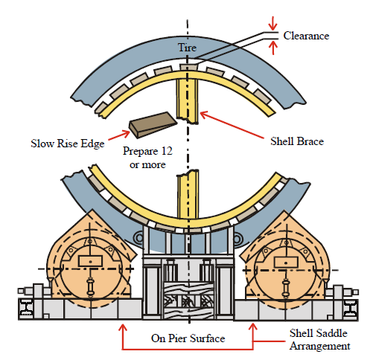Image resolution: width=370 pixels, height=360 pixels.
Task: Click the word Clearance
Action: coord(306,36)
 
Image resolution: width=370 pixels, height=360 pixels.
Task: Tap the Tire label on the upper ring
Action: coord(187,48)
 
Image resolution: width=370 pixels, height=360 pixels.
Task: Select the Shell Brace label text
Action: coord(297,141)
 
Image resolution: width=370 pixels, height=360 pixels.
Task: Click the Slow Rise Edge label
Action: coord(68,144)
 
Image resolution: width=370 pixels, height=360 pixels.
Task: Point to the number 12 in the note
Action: coord(167,151)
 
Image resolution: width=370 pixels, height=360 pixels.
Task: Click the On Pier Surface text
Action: coord(188,338)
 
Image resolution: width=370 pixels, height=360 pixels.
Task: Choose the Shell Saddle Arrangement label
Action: coord(319,339)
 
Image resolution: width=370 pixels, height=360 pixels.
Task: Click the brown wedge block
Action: coord(153,125)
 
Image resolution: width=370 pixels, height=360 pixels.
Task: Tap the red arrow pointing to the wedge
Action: coord(119,135)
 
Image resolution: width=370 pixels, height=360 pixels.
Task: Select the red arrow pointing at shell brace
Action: coord(232,125)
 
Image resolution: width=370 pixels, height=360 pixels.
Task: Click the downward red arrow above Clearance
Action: coord(273,23)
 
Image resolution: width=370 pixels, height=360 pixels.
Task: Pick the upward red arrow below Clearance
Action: coord(273,48)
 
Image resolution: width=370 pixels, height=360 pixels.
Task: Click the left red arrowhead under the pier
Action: coord(122,328)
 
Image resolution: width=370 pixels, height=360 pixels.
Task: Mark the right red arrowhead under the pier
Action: coord(253,328)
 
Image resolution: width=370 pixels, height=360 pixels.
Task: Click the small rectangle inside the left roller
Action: coord(90,261)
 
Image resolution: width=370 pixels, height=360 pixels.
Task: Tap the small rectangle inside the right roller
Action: coord(286,263)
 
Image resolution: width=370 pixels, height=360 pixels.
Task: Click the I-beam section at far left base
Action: coord(26,307)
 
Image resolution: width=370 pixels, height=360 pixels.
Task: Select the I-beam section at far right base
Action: coord(350,309)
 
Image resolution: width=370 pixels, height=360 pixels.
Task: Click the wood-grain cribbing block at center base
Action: coord(188,300)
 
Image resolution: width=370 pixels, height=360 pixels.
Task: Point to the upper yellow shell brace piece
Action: coord(188,101)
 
